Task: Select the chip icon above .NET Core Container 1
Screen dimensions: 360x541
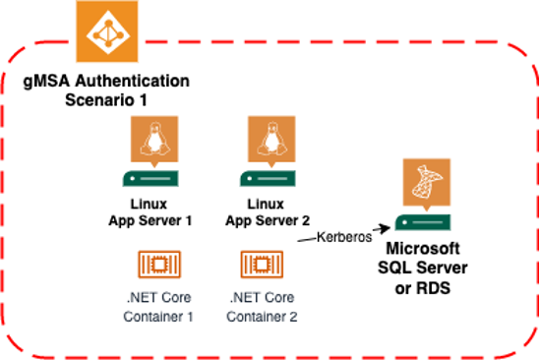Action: click(x=157, y=265)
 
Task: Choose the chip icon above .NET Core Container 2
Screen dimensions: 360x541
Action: click(x=262, y=265)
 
